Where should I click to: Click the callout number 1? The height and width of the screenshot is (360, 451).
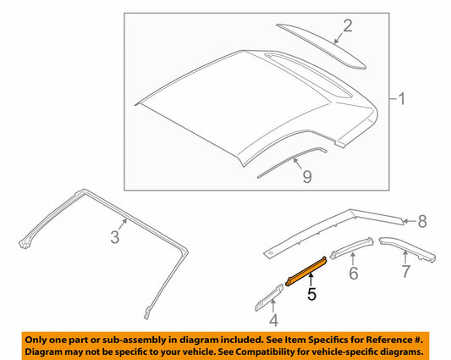[x=402, y=99]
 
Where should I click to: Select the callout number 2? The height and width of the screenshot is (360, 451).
[x=348, y=25]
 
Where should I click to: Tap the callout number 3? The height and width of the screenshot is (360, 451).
[x=115, y=237]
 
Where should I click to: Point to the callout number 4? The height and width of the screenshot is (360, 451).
[x=273, y=320]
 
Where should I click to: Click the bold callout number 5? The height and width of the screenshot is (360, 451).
[x=311, y=294]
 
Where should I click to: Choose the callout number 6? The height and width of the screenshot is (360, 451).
[x=354, y=273]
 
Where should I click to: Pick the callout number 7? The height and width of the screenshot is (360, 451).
[x=405, y=271]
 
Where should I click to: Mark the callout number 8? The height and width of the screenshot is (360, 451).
[x=422, y=221]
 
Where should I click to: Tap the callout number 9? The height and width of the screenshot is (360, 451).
[x=307, y=176]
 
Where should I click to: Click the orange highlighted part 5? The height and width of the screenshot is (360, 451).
[x=305, y=271]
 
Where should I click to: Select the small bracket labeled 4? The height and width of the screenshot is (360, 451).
[x=268, y=298]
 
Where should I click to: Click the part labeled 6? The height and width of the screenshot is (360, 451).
[x=351, y=248]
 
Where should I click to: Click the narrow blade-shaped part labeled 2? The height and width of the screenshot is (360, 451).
[x=321, y=46]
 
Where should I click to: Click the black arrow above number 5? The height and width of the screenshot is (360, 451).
[x=311, y=280]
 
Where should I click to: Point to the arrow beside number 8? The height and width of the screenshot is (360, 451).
[x=409, y=221]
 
